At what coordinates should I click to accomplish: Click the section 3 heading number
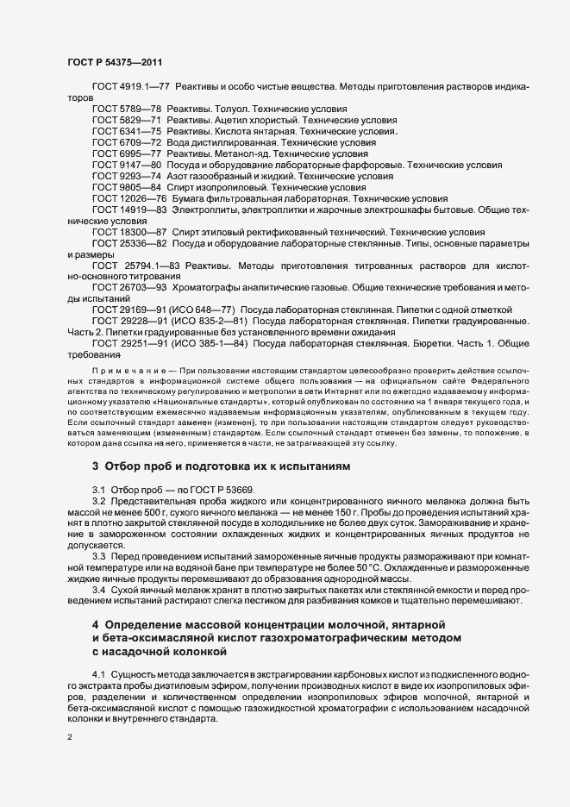(x=96, y=466)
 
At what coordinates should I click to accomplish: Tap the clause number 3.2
(x=98, y=501)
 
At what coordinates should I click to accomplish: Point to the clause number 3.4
(x=98, y=590)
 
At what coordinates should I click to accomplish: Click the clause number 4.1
(x=98, y=672)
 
